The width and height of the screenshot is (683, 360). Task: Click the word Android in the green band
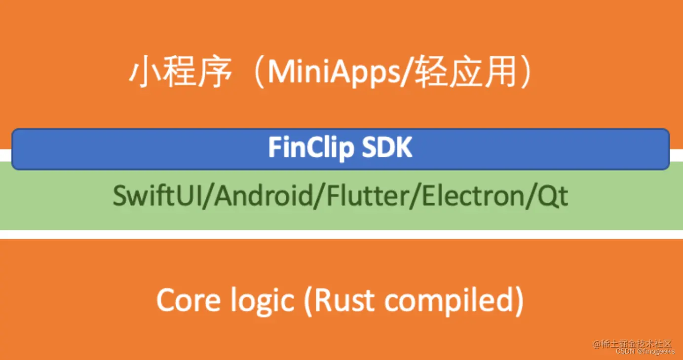(262, 196)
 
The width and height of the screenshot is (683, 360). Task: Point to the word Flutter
(363, 196)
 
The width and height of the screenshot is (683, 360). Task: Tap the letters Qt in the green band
(554, 196)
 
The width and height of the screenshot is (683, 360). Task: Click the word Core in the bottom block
(184, 299)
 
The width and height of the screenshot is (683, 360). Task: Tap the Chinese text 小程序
(181, 74)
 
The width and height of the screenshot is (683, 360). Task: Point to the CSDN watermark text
(625, 352)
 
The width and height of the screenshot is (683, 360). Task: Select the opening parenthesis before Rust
(308, 300)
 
